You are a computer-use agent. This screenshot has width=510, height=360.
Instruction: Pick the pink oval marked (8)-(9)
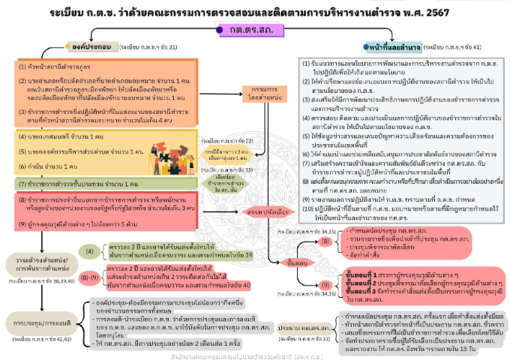88,277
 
